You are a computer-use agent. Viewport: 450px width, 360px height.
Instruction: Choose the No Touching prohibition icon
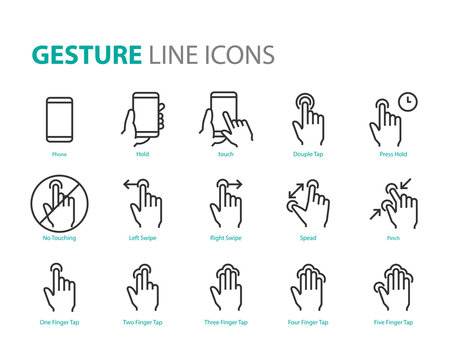click(x=60, y=204)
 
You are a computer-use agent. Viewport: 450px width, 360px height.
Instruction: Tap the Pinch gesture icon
click(x=391, y=204)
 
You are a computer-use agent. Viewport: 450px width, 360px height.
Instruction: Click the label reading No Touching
click(x=60, y=238)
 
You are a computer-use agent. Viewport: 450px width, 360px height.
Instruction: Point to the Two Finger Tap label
click(x=143, y=322)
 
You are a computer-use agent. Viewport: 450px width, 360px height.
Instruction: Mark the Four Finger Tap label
click(x=308, y=322)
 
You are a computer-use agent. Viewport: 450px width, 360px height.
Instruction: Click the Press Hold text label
click(x=391, y=155)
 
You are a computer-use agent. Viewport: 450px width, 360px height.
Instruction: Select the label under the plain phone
click(x=60, y=155)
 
